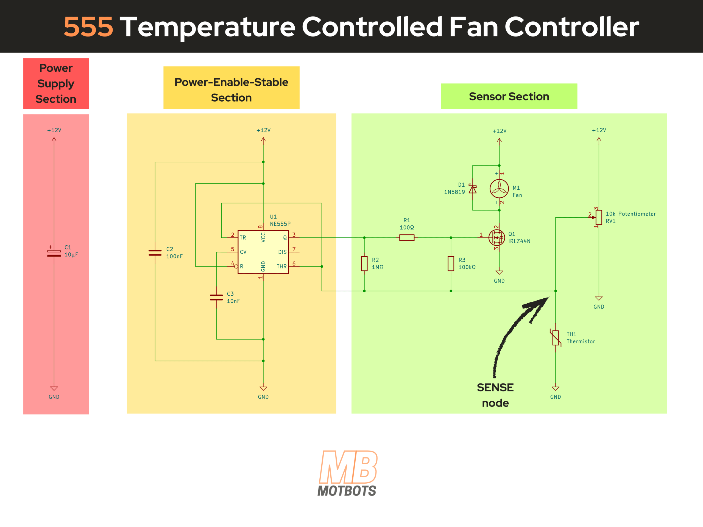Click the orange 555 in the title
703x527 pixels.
88,27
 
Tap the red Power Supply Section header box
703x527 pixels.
56,83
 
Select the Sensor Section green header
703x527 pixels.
509,96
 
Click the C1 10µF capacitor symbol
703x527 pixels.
54,253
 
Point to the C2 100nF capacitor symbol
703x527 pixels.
155,253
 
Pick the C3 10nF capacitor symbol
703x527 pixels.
216,297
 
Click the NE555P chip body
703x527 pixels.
263,252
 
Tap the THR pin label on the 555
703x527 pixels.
281,267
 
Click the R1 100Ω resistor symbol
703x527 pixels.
407,238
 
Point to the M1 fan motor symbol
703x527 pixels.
499,189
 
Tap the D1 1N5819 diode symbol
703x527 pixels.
473,189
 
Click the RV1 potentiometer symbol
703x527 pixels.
599,217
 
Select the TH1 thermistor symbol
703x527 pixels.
556,338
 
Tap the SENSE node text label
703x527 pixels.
495,395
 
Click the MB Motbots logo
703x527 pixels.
348,473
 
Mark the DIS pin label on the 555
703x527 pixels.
282,252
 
